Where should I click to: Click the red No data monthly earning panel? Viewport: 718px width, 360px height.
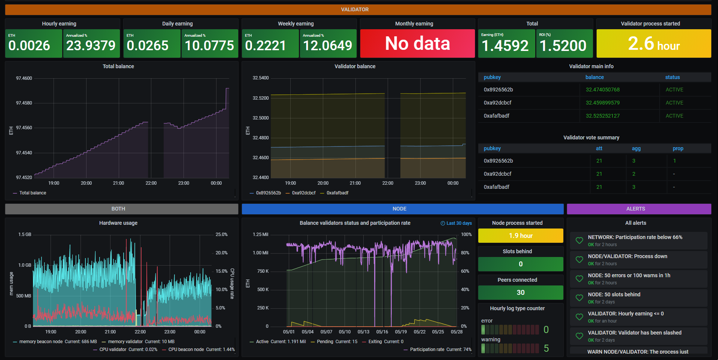[x=417, y=43]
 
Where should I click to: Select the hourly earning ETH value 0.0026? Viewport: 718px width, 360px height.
[x=29, y=46]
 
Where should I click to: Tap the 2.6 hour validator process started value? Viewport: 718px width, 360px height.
[x=654, y=44]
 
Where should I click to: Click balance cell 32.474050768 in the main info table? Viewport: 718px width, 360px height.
[x=602, y=90]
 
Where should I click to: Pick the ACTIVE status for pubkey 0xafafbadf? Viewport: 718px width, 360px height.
[x=674, y=116]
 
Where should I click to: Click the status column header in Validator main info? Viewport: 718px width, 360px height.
[x=672, y=77]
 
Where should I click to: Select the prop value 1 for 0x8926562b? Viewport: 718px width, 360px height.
[x=674, y=161]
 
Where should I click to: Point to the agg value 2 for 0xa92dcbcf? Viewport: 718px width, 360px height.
[x=633, y=174]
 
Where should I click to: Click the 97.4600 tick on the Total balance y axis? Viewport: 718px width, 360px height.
[x=24, y=78]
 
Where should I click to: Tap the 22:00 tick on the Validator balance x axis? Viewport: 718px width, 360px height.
[x=388, y=183]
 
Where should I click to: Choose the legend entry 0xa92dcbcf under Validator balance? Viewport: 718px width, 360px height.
[x=303, y=193]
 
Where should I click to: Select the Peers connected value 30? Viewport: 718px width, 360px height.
[x=520, y=293]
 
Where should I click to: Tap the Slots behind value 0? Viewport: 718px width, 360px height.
[x=520, y=264]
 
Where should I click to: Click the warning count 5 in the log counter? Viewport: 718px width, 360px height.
[x=546, y=348]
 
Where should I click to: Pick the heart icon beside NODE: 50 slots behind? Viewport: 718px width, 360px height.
[x=579, y=298]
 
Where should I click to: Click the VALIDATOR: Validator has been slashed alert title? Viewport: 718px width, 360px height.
[x=634, y=333]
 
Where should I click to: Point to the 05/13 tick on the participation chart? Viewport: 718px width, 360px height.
[x=363, y=332]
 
